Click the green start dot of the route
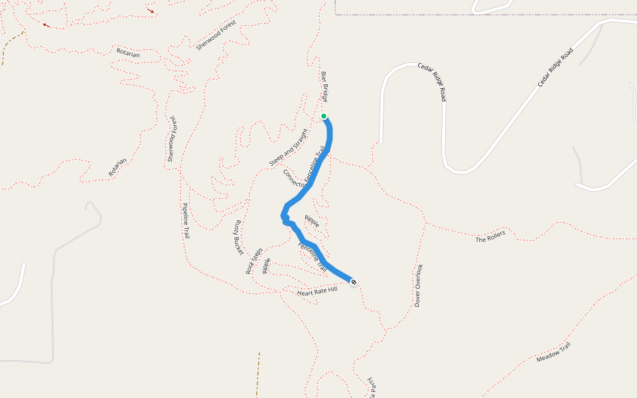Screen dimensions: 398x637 (x=324, y=116)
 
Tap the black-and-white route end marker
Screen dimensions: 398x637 (x=354, y=283)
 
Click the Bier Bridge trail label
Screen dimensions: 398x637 (x=324, y=86)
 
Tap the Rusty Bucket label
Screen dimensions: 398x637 (x=238, y=237)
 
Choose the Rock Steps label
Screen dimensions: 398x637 (x=254, y=261)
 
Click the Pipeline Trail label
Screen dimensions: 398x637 (x=186, y=221)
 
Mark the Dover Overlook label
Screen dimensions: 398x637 (x=419, y=285)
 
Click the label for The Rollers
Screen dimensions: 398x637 (x=490, y=236)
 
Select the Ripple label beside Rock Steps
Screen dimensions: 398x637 (x=267, y=265)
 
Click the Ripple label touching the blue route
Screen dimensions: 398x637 (x=312, y=220)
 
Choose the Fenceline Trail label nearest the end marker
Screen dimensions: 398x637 (x=313, y=257)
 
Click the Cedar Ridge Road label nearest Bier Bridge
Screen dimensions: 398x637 (x=431, y=82)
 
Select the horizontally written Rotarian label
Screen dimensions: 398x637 (x=128, y=53)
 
